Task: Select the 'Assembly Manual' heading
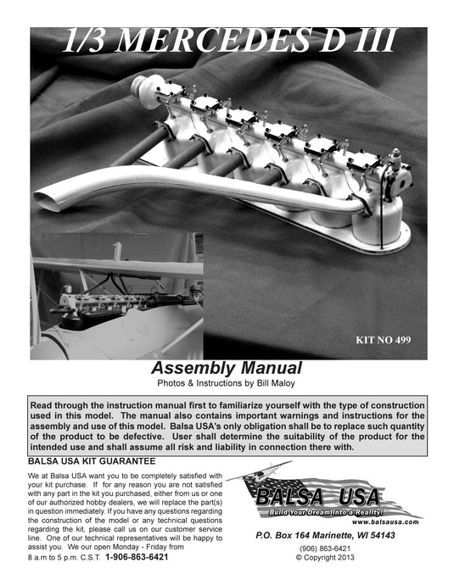[227, 367]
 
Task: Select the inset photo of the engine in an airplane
[116, 295]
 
